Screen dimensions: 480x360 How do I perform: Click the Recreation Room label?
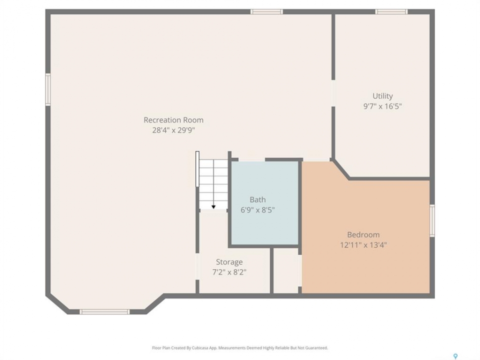tap(173, 120)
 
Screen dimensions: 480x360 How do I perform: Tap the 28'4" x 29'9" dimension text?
tap(173, 130)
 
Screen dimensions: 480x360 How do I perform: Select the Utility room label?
tap(382, 96)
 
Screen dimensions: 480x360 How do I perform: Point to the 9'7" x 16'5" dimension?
tap(382, 106)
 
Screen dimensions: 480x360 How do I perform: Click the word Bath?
tap(257, 200)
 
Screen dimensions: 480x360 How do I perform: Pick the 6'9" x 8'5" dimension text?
tap(257, 210)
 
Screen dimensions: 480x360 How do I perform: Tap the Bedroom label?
tap(363, 235)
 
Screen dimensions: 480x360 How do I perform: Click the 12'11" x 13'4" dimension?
tap(363, 245)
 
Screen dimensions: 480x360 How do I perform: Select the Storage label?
tap(229, 262)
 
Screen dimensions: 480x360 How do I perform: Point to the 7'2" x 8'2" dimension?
tap(229, 272)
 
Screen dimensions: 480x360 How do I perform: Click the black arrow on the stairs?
tap(213, 206)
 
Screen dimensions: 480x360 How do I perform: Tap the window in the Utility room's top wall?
tap(391, 11)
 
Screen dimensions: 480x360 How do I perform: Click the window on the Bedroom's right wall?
tap(432, 220)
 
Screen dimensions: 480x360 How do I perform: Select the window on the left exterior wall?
tap(48, 89)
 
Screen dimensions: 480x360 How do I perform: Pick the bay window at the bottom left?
tap(104, 312)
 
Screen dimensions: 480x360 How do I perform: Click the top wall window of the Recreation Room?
tap(266, 11)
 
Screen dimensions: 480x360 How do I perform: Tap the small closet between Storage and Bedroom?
tap(285, 270)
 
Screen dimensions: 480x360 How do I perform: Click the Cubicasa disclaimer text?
tap(240, 348)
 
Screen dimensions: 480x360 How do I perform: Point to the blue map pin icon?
tap(455, 356)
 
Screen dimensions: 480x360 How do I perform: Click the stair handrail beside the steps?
tap(197, 168)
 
